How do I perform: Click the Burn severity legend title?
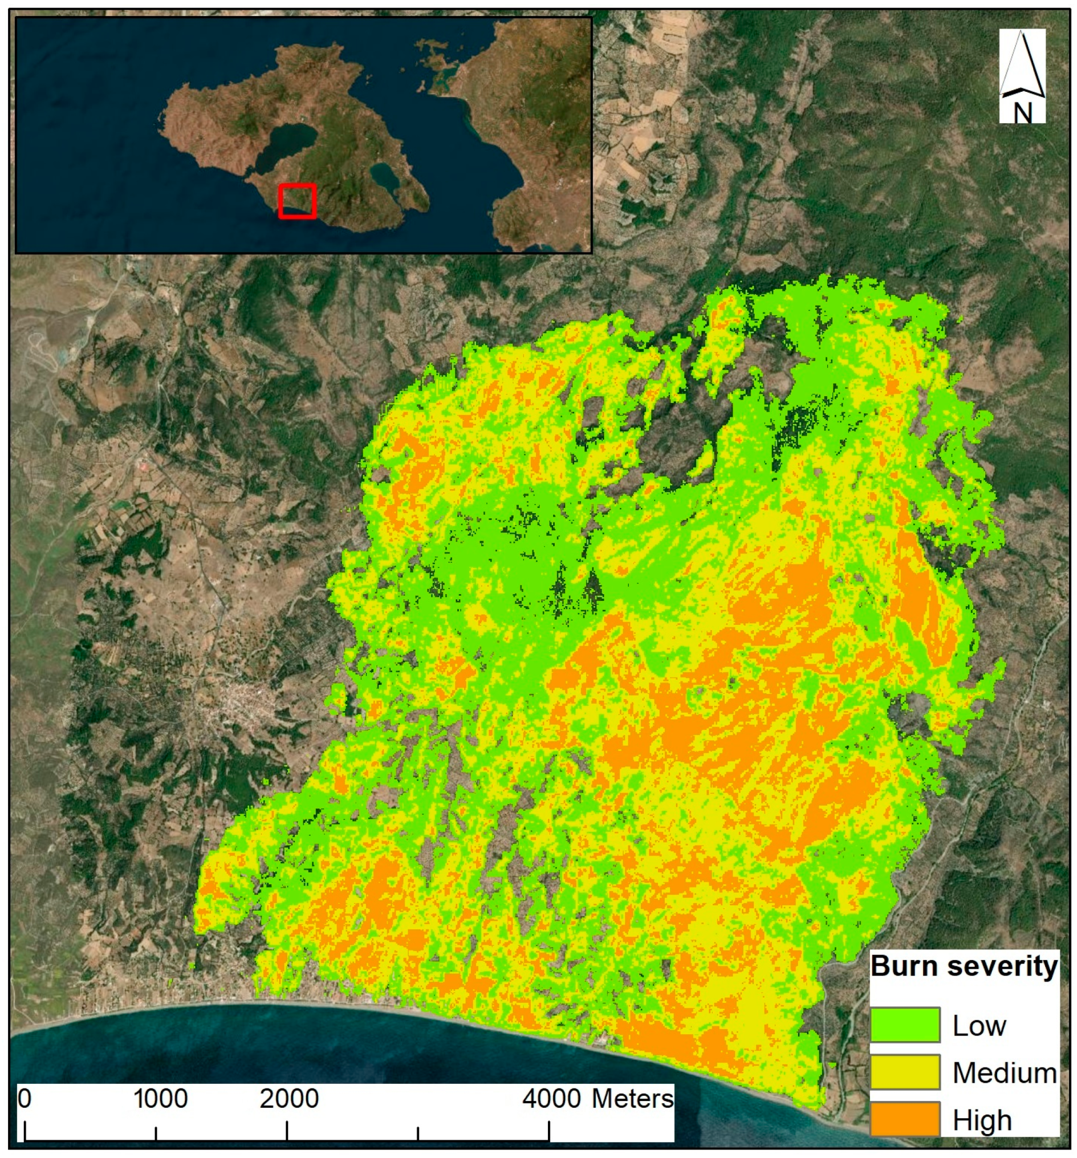click(964, 966)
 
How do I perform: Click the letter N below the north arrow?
click(1023, 112)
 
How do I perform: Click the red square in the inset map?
click(297, 201)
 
